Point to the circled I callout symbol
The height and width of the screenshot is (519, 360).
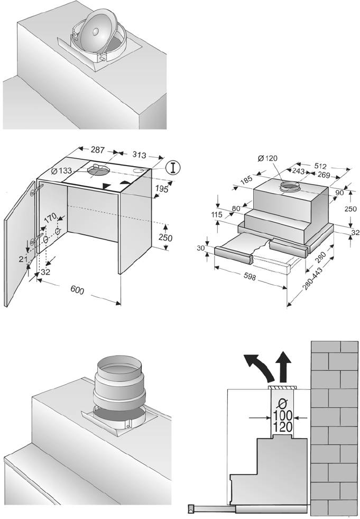(172, 167)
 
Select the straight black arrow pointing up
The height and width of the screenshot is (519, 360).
(284, 364)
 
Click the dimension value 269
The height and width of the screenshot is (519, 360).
(324, 175)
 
